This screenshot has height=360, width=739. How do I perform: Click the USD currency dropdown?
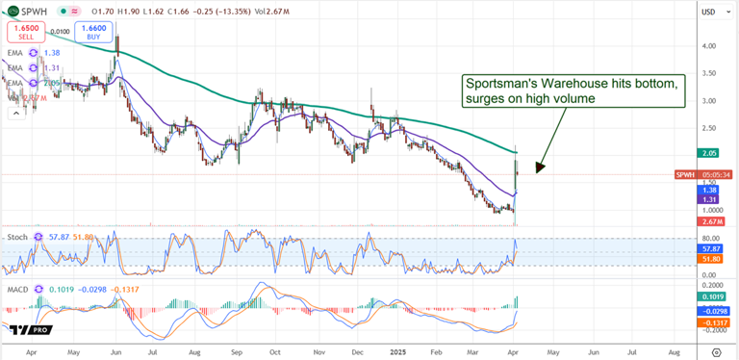point(709,12)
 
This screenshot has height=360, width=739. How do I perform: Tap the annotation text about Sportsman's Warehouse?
point(573,92)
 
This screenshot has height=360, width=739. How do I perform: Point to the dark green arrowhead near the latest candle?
point(539,167)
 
